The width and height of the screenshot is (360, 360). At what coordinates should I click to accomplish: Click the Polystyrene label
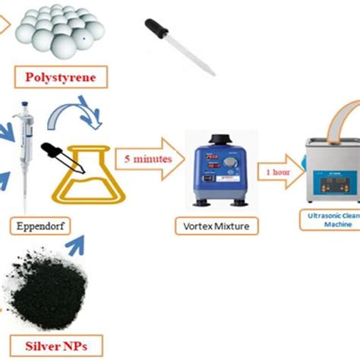click(61, 77)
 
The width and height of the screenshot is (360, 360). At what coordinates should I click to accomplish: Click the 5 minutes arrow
click(147, 159)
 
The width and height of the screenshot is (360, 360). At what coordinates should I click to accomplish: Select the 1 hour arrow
click(277, 171)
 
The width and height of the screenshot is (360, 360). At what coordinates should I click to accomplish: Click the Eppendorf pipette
click(24, 152)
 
